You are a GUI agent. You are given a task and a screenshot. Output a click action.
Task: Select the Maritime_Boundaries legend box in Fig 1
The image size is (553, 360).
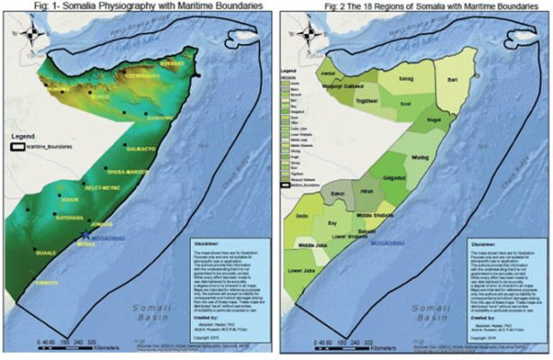[x=21, y=144]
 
